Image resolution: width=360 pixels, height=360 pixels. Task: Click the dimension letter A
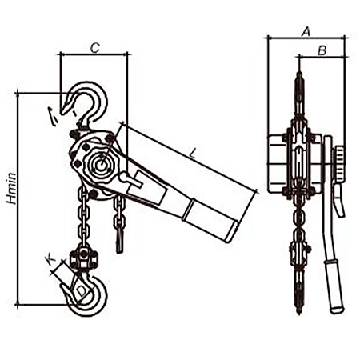click(306, 31)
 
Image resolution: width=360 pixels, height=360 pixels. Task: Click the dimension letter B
click(322, 50)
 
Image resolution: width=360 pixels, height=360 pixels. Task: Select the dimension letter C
click(95, 48)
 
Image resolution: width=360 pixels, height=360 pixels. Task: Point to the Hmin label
click(12, 188)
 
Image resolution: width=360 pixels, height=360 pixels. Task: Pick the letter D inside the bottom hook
click(82, 291)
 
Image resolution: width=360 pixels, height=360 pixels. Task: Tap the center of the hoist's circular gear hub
click(102, 166)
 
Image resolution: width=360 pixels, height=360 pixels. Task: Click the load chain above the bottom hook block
click(83, 217)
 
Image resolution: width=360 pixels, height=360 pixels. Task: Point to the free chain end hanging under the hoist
click(119, 224)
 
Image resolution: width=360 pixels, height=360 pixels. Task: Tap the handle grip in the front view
click(334, 286)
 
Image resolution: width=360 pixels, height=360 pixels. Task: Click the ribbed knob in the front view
click(339, 164)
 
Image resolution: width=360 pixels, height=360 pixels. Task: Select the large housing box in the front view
click(278, 163)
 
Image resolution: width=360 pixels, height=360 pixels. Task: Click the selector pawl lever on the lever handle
click(130, 180)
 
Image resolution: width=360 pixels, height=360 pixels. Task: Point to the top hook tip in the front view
click(62, 112)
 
